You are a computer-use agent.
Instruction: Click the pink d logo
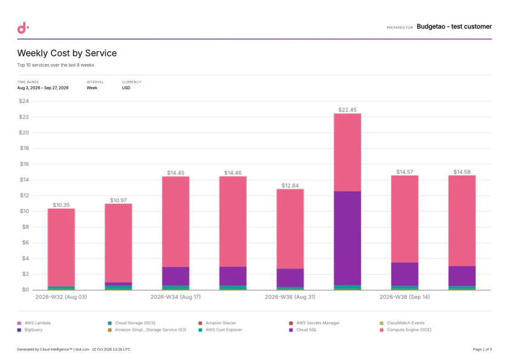click(x=23, y=28)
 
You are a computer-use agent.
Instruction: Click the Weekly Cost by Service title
click(x=67, y=53)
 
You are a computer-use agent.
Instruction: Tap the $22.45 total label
click(x=348, y=110)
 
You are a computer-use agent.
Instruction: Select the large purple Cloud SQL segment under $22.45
click(x=348, y=238)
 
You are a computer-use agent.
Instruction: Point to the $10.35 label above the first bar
click(x=61, y=205)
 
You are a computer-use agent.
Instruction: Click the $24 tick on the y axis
click(x=24, y=101)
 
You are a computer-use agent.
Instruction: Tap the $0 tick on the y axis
click(x=25, y=289)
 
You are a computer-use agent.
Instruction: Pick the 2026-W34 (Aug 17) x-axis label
click(x=176, y=297)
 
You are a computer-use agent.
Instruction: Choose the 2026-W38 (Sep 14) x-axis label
click(x=405, y=297)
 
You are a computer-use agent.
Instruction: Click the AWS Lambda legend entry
click(x=34, y=323)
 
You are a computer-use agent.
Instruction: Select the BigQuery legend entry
click(x=30, y=330)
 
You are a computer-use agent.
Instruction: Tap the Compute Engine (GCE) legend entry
click(x=406, y=330)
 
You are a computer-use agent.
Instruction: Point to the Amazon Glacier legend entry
click(x=217, y=323)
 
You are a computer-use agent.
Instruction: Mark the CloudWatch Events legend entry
click(x=402, y=323)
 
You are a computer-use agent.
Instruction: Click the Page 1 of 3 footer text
click(x=482, y=350)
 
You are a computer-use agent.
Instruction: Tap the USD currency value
click(x=126, y=88)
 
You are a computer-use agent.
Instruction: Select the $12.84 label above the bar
click(x=290, y=186)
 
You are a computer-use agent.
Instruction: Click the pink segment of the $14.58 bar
click(x=462, y=221)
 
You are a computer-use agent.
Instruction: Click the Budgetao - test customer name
click(x=454, y=27)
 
